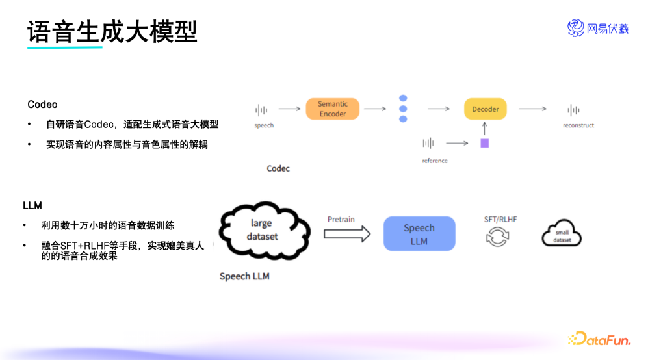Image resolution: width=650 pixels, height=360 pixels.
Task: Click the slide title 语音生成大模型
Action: pos(112,31)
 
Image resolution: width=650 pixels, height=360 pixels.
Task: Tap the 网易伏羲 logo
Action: pos(598,28)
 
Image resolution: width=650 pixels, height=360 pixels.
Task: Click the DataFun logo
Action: pos(599,339)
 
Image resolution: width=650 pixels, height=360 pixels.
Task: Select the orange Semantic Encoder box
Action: pos(333,109)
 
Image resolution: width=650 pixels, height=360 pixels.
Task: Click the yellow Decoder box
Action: pos(486,109)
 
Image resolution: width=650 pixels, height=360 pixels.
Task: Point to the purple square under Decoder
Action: pos(484,143)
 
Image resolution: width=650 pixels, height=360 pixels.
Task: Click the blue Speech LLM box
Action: pos(419,234)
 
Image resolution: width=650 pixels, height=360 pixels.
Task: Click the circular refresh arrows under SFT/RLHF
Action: pos(498,237)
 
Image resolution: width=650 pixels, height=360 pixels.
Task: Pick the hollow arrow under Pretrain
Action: pos(347,234)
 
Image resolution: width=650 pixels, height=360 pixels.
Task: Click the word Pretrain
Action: pos(341,220)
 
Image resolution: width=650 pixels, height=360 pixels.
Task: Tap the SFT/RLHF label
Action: pos(500,220)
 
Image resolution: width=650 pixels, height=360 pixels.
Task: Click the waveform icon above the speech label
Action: pos(261,110)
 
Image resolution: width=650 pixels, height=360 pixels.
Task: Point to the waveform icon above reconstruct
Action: pos(573,110)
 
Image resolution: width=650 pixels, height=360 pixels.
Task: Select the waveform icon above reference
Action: pos(428,143)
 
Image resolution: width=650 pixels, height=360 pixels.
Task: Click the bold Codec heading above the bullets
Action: pos(42,105)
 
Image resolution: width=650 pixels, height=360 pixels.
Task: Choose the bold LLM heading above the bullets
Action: pos(32,206)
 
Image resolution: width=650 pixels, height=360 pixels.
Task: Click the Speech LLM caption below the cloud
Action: pos(244,276)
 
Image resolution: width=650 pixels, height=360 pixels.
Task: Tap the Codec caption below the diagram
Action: pos(278,168)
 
